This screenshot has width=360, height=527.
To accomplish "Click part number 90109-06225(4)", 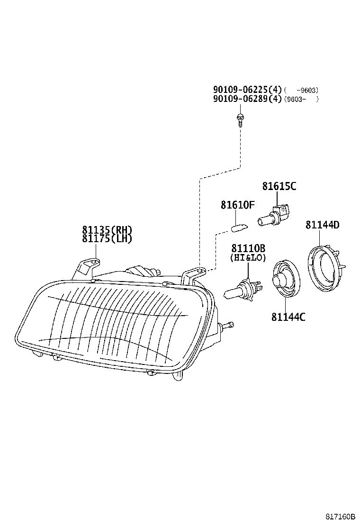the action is coord(247,90).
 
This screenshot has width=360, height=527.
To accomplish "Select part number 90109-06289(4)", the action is coord(247,99).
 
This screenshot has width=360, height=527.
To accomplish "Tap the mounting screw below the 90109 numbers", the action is coord(240,120).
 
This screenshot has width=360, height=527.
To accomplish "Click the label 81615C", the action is coord(279,186).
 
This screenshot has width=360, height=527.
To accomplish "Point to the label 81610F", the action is coord(237,205).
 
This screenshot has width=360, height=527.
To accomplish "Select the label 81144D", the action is coord(323,225).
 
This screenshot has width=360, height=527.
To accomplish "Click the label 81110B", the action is coord(248,248).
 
